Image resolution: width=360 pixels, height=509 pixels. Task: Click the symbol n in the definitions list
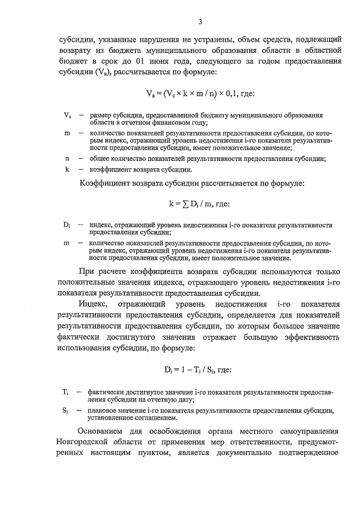[x=66, y=158]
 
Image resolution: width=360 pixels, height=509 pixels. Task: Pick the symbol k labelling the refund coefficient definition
[x=66, y=169]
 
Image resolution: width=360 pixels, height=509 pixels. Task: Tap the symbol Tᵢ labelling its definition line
[x=65, y=392]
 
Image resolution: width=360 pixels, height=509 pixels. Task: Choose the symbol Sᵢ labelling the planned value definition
[x=65, y=411]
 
